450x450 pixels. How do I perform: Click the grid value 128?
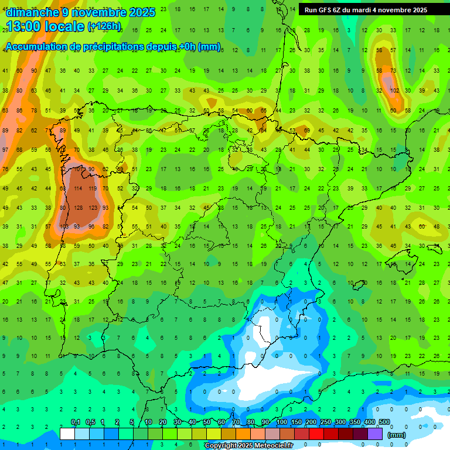click(78, 207)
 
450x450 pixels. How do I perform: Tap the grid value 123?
click(92, 207)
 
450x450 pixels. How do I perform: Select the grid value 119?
click(92, 189)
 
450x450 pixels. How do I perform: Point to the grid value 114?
click(78, 189)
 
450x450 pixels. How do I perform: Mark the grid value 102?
click(394, 90)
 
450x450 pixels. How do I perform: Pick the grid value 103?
click(64, 226)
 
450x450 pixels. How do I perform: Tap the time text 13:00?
click(24, 26)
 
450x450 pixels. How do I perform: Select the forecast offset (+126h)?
click(104, 26)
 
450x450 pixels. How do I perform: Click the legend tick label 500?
click(384, 422)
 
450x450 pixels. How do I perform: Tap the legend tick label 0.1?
click(76, 422)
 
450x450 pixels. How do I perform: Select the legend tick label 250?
click(326, 422)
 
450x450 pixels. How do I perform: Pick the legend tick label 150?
click(296, 422)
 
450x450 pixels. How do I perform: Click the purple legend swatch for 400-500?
click(376, 434)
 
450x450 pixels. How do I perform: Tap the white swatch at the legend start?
click(67, 434)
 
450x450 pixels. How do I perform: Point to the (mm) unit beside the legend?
click(397, 435)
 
